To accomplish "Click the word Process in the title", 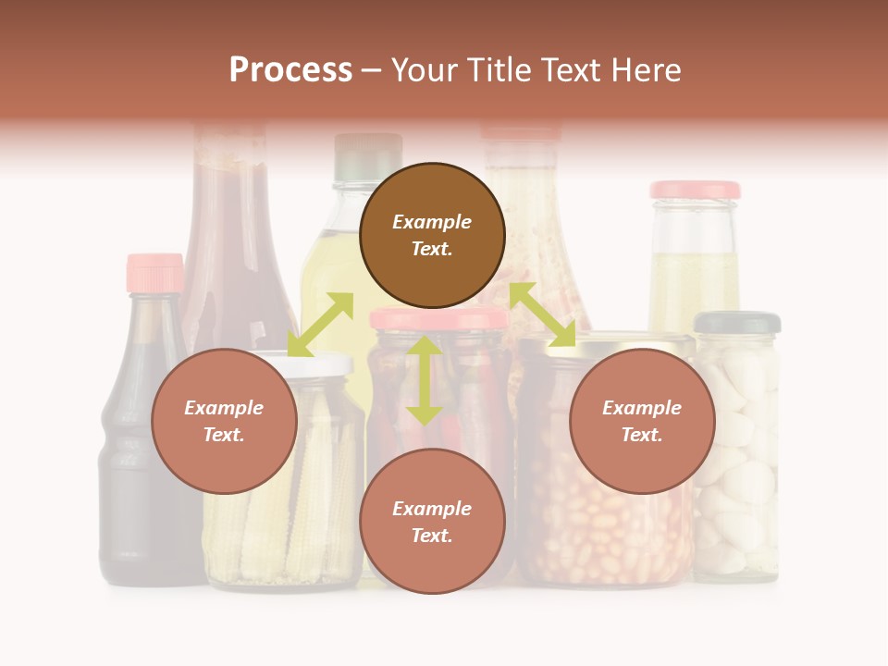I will [x=290, y=70].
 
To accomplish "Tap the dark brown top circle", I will [x=432, y=235].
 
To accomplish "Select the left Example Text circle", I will [x=224, y=421].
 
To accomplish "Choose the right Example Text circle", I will [x=642, y=421].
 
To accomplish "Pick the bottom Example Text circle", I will [x=432, y=521].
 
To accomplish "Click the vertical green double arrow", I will [x=425, y=380].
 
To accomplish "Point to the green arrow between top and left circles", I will [x=320, y=324].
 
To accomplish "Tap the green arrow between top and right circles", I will [x=542, y=314].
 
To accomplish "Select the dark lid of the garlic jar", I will [x=737, y=323].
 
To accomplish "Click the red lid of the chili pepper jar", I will [x=438, y=319].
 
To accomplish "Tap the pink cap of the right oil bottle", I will [x=695, y=190].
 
